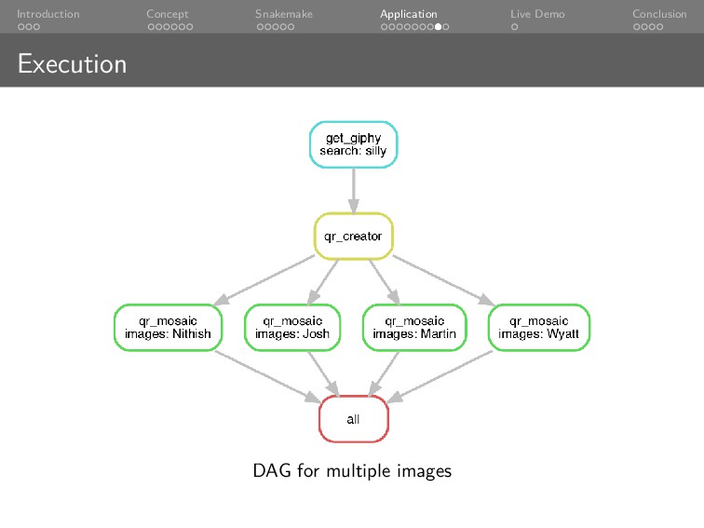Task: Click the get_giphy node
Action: [353, 144]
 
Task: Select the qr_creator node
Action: [353, 237]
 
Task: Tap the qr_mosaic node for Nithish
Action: [168, 327]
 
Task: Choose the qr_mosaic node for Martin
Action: [413, 327]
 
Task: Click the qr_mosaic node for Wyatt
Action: [539, 327]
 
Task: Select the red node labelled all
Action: [353, 419]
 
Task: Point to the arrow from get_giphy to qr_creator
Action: [353, 191]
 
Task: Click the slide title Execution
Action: [72, 64]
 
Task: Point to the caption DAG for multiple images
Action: [352, 471]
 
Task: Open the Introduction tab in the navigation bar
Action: [47, 14]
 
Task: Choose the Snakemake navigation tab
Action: [284, 14]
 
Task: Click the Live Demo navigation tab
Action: [537, 14]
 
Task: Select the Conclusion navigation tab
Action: [659, 14]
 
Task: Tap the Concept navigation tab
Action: [168, 14]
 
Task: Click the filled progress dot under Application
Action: [438, 27]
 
